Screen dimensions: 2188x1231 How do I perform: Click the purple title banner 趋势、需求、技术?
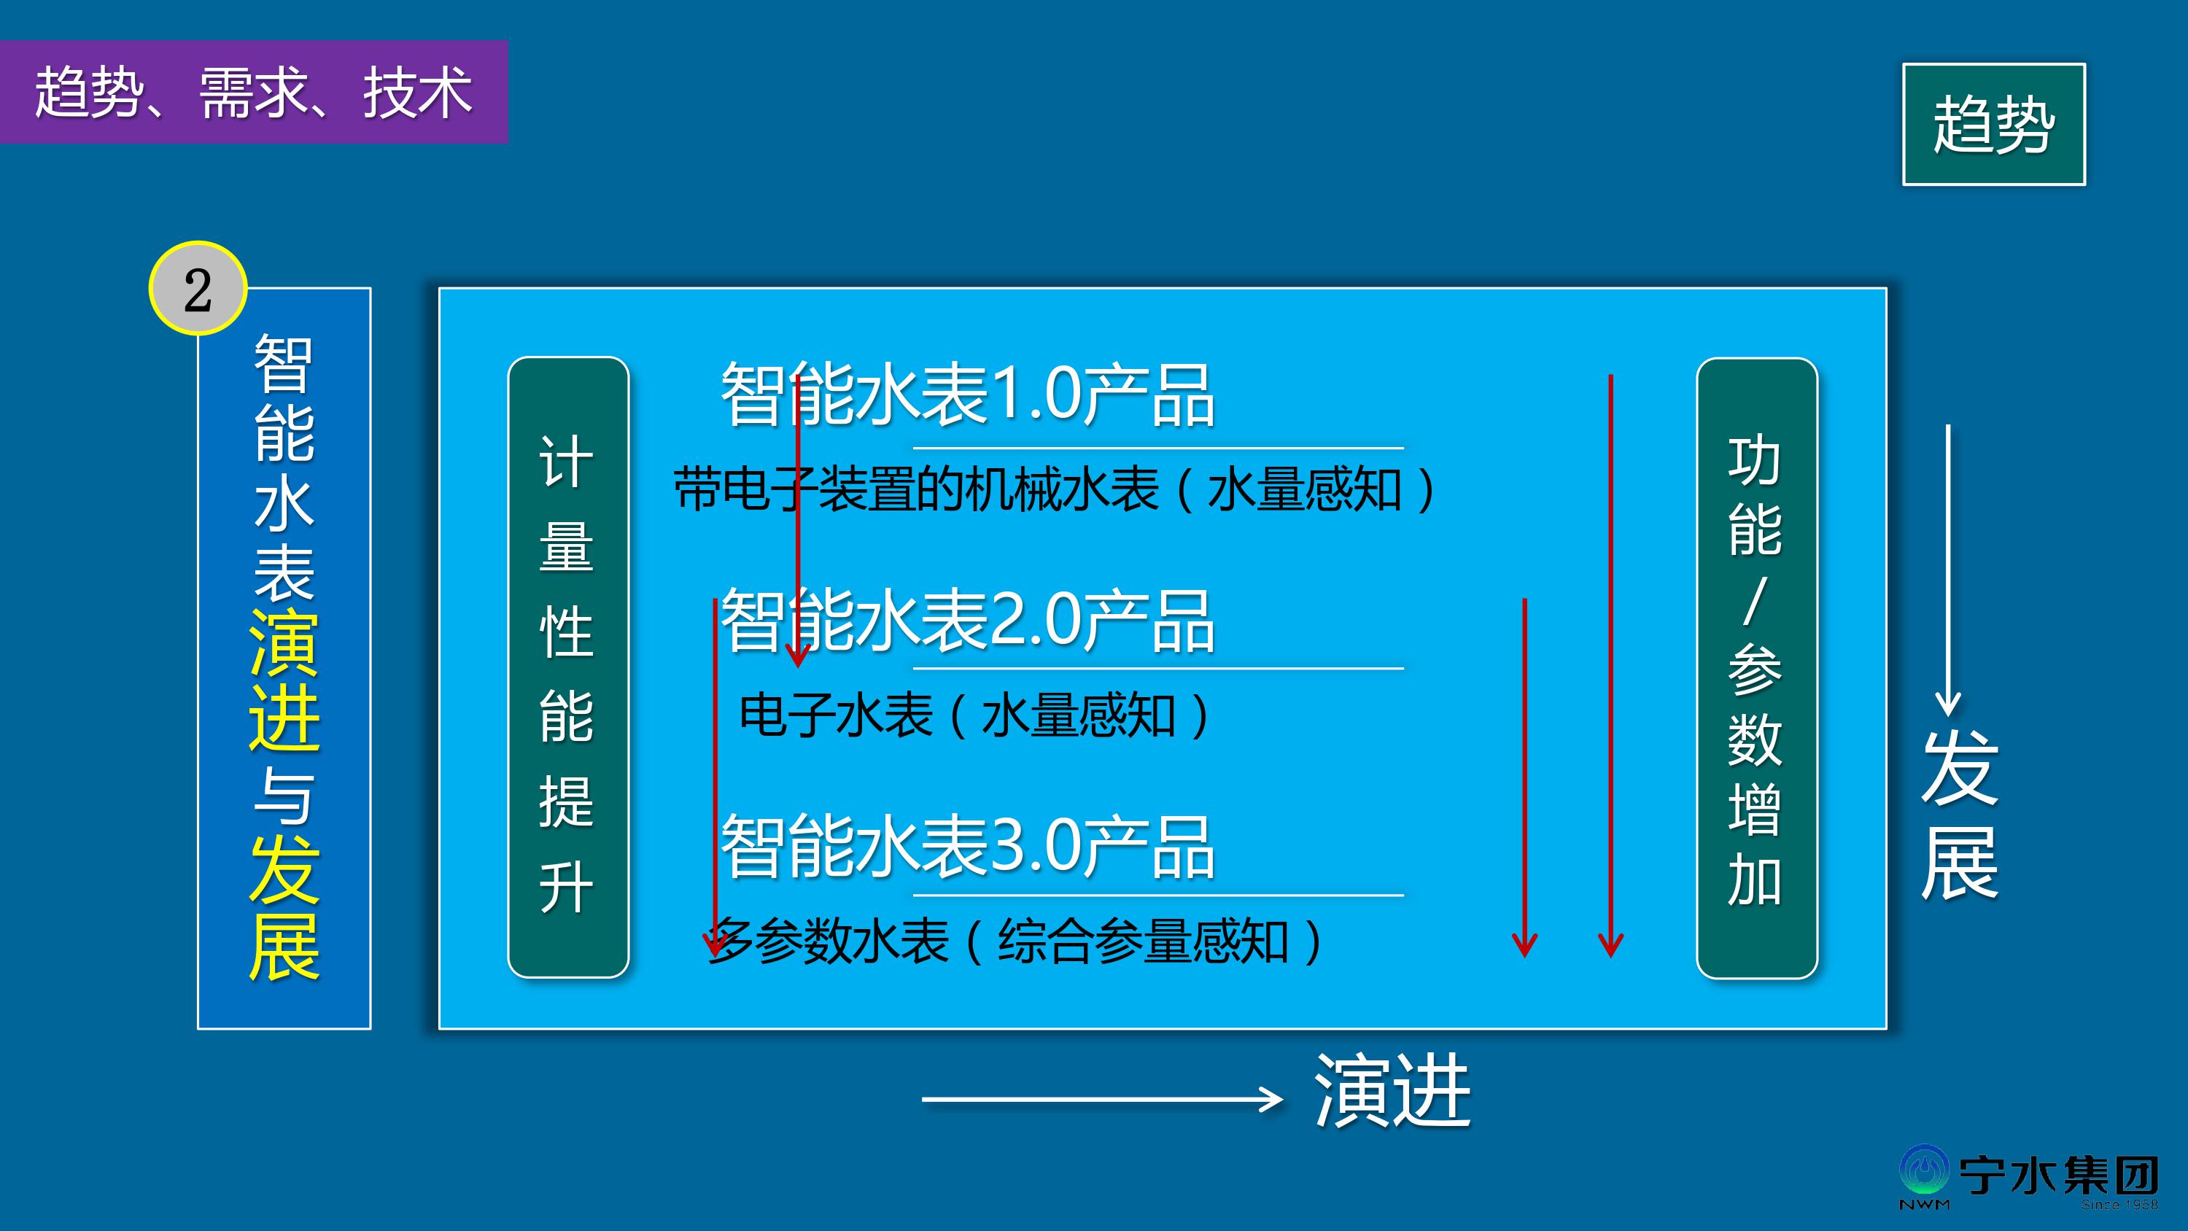click(x=253, y=92)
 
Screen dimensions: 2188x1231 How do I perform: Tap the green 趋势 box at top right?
click(x=1993, y=124)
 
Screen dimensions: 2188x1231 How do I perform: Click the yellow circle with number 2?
click(x=198, y=289)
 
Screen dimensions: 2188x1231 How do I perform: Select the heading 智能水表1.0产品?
click(x=967, y=395)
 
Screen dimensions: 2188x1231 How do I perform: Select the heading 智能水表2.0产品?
click(x=967, y=621)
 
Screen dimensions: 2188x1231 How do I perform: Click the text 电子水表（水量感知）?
click(x=975, y=715)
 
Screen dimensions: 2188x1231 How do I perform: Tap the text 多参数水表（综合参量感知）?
click(x=1016, y=941)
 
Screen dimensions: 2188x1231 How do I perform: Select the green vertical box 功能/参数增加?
click(x=1756, y=668)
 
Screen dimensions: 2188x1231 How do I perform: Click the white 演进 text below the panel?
click(x=1393, y=1092)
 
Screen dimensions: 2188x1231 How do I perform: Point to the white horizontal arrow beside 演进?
click(x=1101, y=1099)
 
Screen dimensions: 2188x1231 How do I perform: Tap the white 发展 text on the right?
click(x=1960, y=814)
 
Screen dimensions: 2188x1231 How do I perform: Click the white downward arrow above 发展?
click(x=1949, y=570)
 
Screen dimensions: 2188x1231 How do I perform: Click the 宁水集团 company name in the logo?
click(x=2059, y=1176)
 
